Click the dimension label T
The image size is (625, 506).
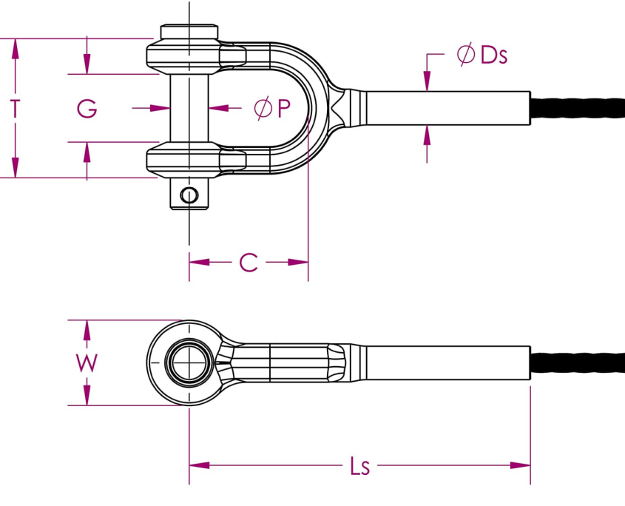point(15,109)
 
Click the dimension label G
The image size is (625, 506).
point(87,109)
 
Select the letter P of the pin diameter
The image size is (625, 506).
point(284,109)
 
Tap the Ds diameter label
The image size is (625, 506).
point(493,55)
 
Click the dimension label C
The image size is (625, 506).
point(249,262)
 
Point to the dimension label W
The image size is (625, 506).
point(87,363)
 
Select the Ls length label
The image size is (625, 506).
point(359,466)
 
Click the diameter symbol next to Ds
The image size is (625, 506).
point(465,55)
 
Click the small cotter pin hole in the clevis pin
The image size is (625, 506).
point(189,196)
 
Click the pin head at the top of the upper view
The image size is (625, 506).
point(189,32)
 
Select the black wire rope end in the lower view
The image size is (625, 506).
point(577,363)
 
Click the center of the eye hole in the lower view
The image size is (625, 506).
point(189,363)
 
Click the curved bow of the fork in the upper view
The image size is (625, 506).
point(314,109)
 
